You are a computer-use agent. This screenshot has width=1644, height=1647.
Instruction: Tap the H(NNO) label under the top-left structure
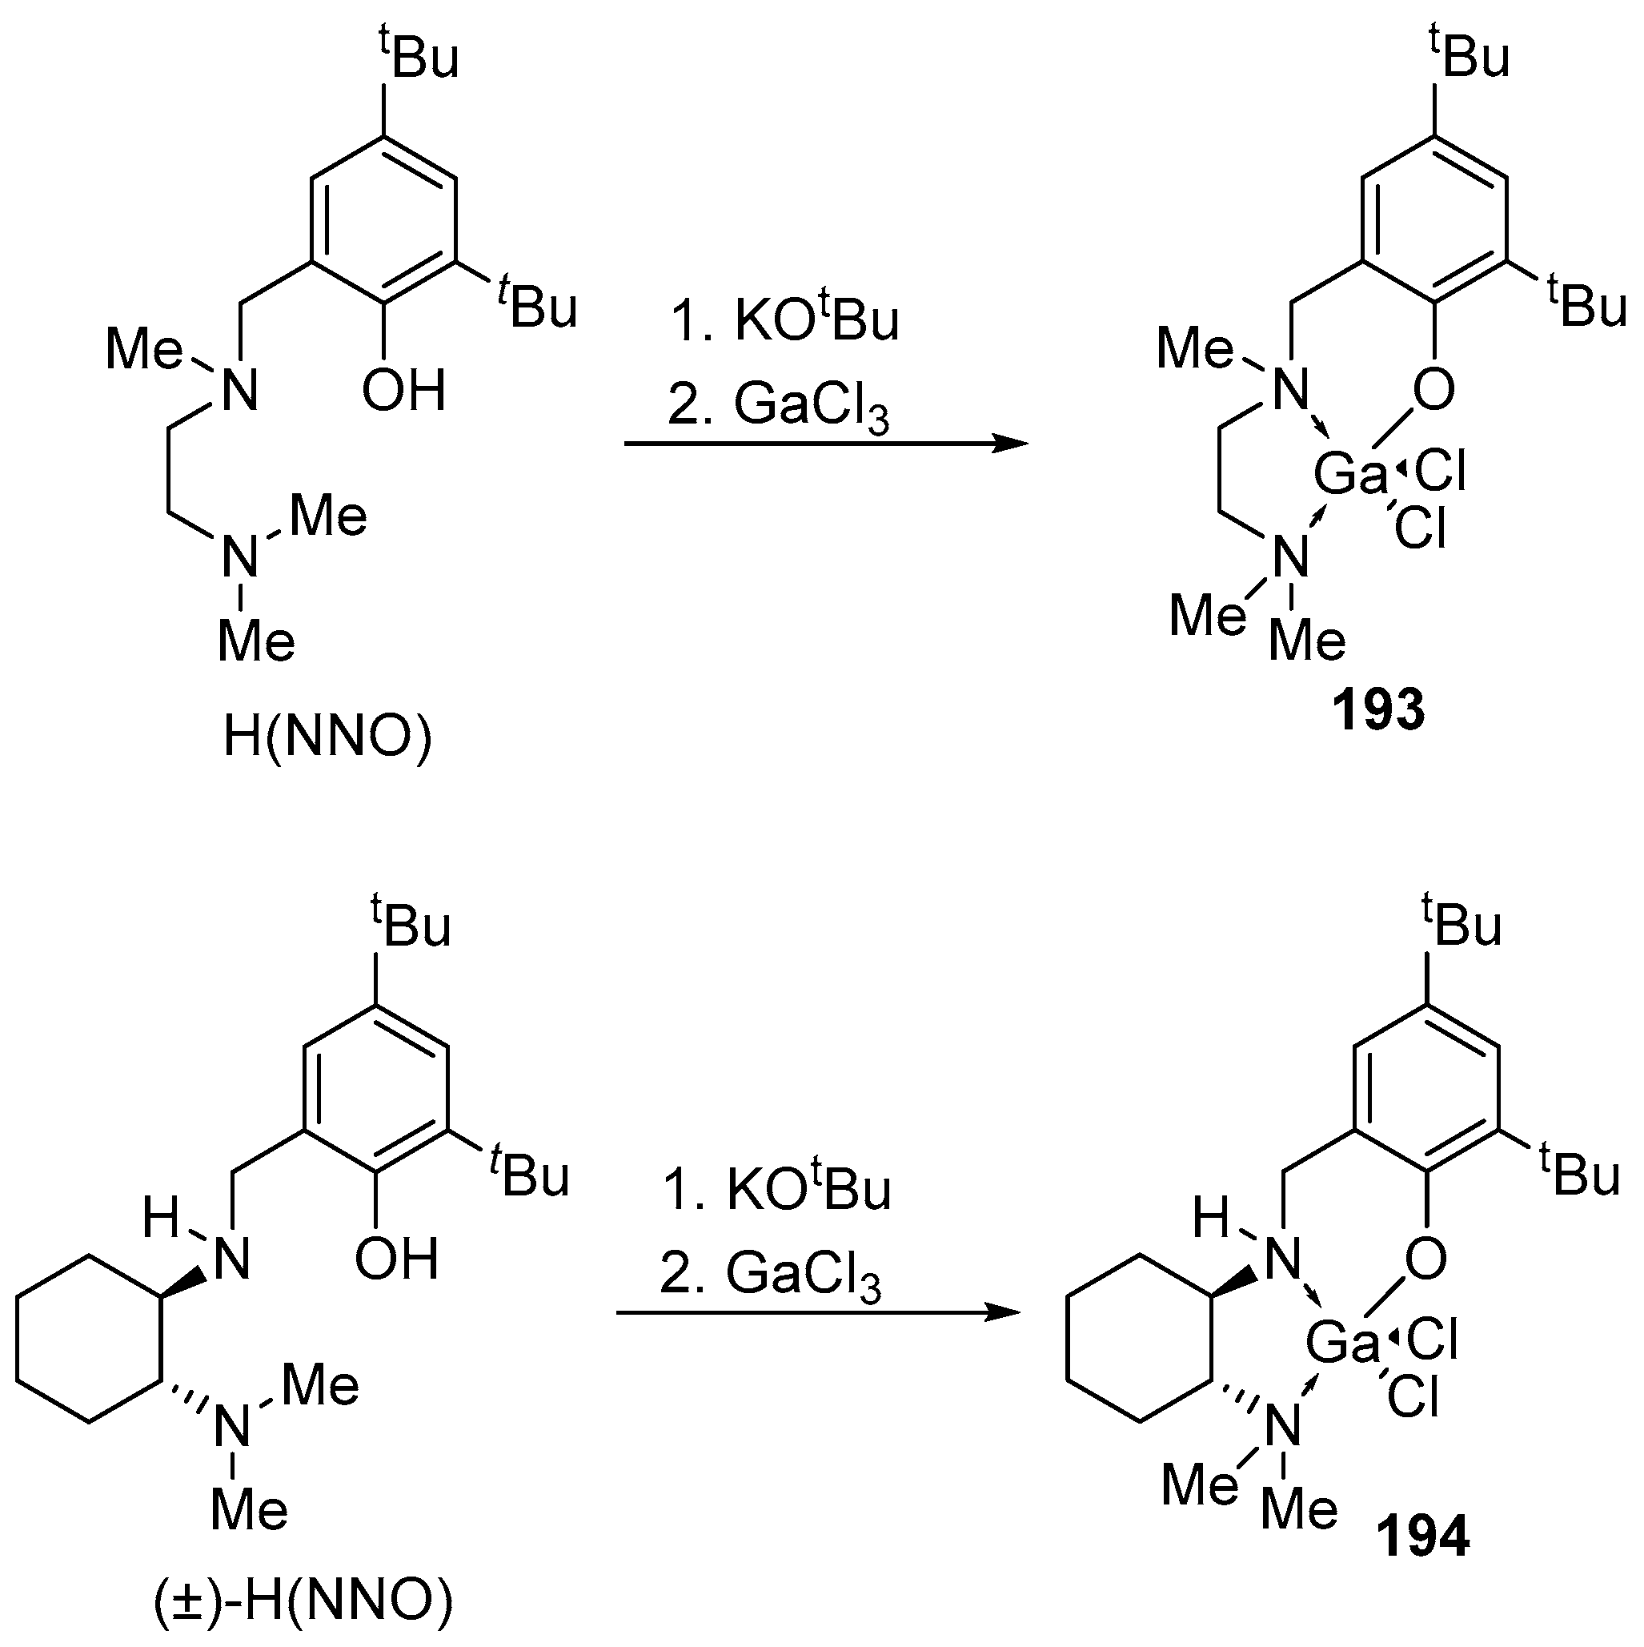[328, 738]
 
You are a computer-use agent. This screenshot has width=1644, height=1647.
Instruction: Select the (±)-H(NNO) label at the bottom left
[303, 1603]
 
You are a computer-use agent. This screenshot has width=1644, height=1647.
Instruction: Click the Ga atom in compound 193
[1351, 474]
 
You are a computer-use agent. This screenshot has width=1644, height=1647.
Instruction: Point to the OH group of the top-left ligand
[403, 392]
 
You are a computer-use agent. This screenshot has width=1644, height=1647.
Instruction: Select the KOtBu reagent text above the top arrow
[784, 321]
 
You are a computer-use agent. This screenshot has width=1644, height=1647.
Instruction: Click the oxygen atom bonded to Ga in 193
[1434, 392]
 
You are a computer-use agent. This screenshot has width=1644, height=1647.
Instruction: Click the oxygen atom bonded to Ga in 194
[1426, 1258]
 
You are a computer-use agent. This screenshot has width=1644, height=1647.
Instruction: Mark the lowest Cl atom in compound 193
[1421, 529]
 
